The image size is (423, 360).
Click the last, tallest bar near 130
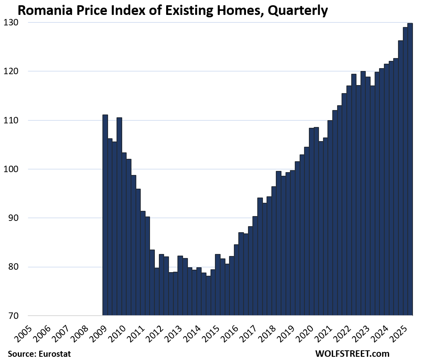410,169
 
